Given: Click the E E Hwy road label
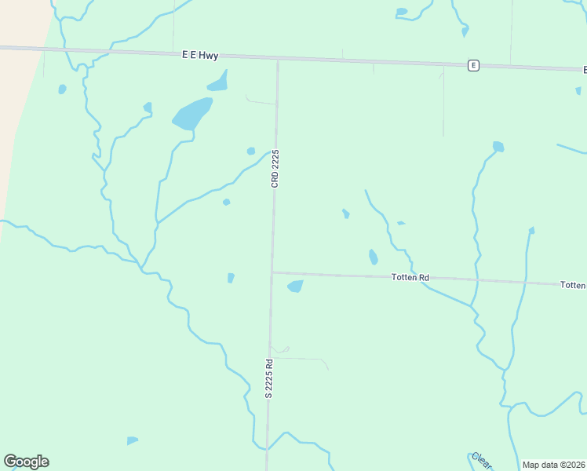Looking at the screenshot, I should tap(199, 55).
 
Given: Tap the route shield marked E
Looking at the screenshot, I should tap(473, 65).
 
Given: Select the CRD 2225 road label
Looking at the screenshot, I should tap(275, 168).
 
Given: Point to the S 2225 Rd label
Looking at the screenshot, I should tap(268, 379).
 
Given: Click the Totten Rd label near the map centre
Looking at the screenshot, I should tap(410, 278).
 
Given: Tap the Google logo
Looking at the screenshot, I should tap(26, 462).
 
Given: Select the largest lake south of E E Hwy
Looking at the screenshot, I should tap(192, 114).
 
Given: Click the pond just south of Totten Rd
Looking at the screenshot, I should tap(296, 287).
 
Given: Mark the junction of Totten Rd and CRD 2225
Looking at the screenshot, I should tap(272, 272).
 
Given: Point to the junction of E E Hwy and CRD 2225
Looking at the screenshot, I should tap(278, 59).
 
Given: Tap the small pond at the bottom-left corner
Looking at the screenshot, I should tap(132, 440).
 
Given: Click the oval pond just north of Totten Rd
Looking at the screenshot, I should tap(373, 257).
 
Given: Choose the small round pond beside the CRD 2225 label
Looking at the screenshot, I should tap(250, 151).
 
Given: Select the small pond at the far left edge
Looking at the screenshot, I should tap(62, 89).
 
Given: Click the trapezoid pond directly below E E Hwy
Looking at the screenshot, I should tap(219, 81).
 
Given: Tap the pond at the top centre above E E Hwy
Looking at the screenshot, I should tap(402, 12).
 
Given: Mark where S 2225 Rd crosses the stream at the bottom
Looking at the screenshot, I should tap(267, 448).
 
